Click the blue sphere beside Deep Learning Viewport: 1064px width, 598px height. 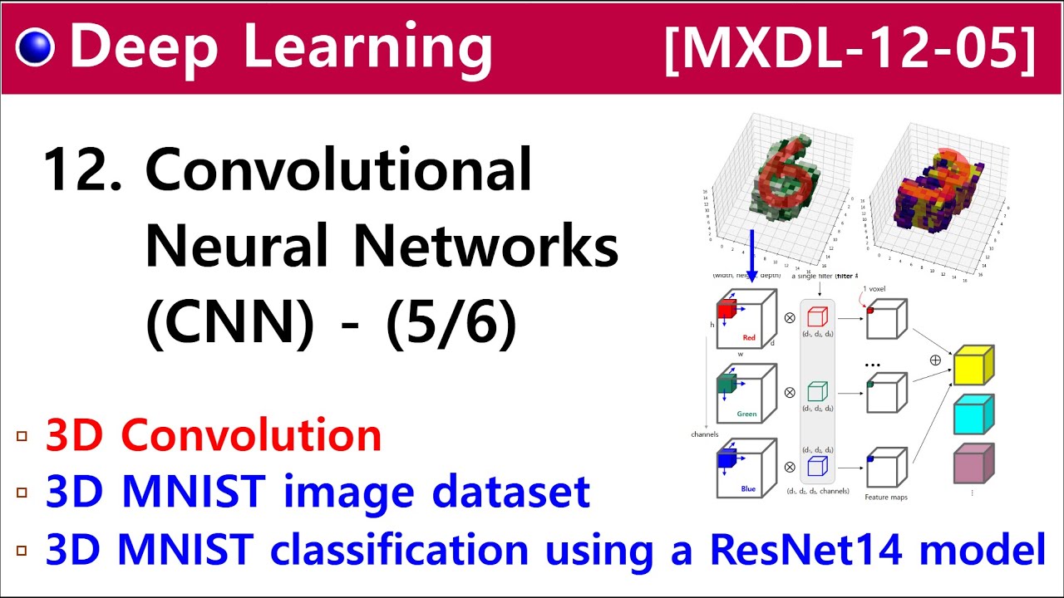point(35,47)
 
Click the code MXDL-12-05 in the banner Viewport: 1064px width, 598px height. point(850,49)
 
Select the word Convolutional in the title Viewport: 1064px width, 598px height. point(338,170)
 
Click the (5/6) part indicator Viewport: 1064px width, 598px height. point(451,324)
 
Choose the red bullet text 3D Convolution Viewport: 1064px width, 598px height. point(214,435)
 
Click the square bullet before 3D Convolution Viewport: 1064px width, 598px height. point(22,436)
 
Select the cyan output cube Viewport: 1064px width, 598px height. point(973,414)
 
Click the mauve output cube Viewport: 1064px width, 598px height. point(973,463)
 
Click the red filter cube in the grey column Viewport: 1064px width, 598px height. point(817,317)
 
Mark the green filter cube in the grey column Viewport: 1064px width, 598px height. point(817,391)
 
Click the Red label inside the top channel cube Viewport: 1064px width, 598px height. point(748,338)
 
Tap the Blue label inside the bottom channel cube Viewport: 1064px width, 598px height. point(748,488)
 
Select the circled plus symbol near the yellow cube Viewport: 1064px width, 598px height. point(935,360)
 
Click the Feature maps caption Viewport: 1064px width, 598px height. point(887,496)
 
